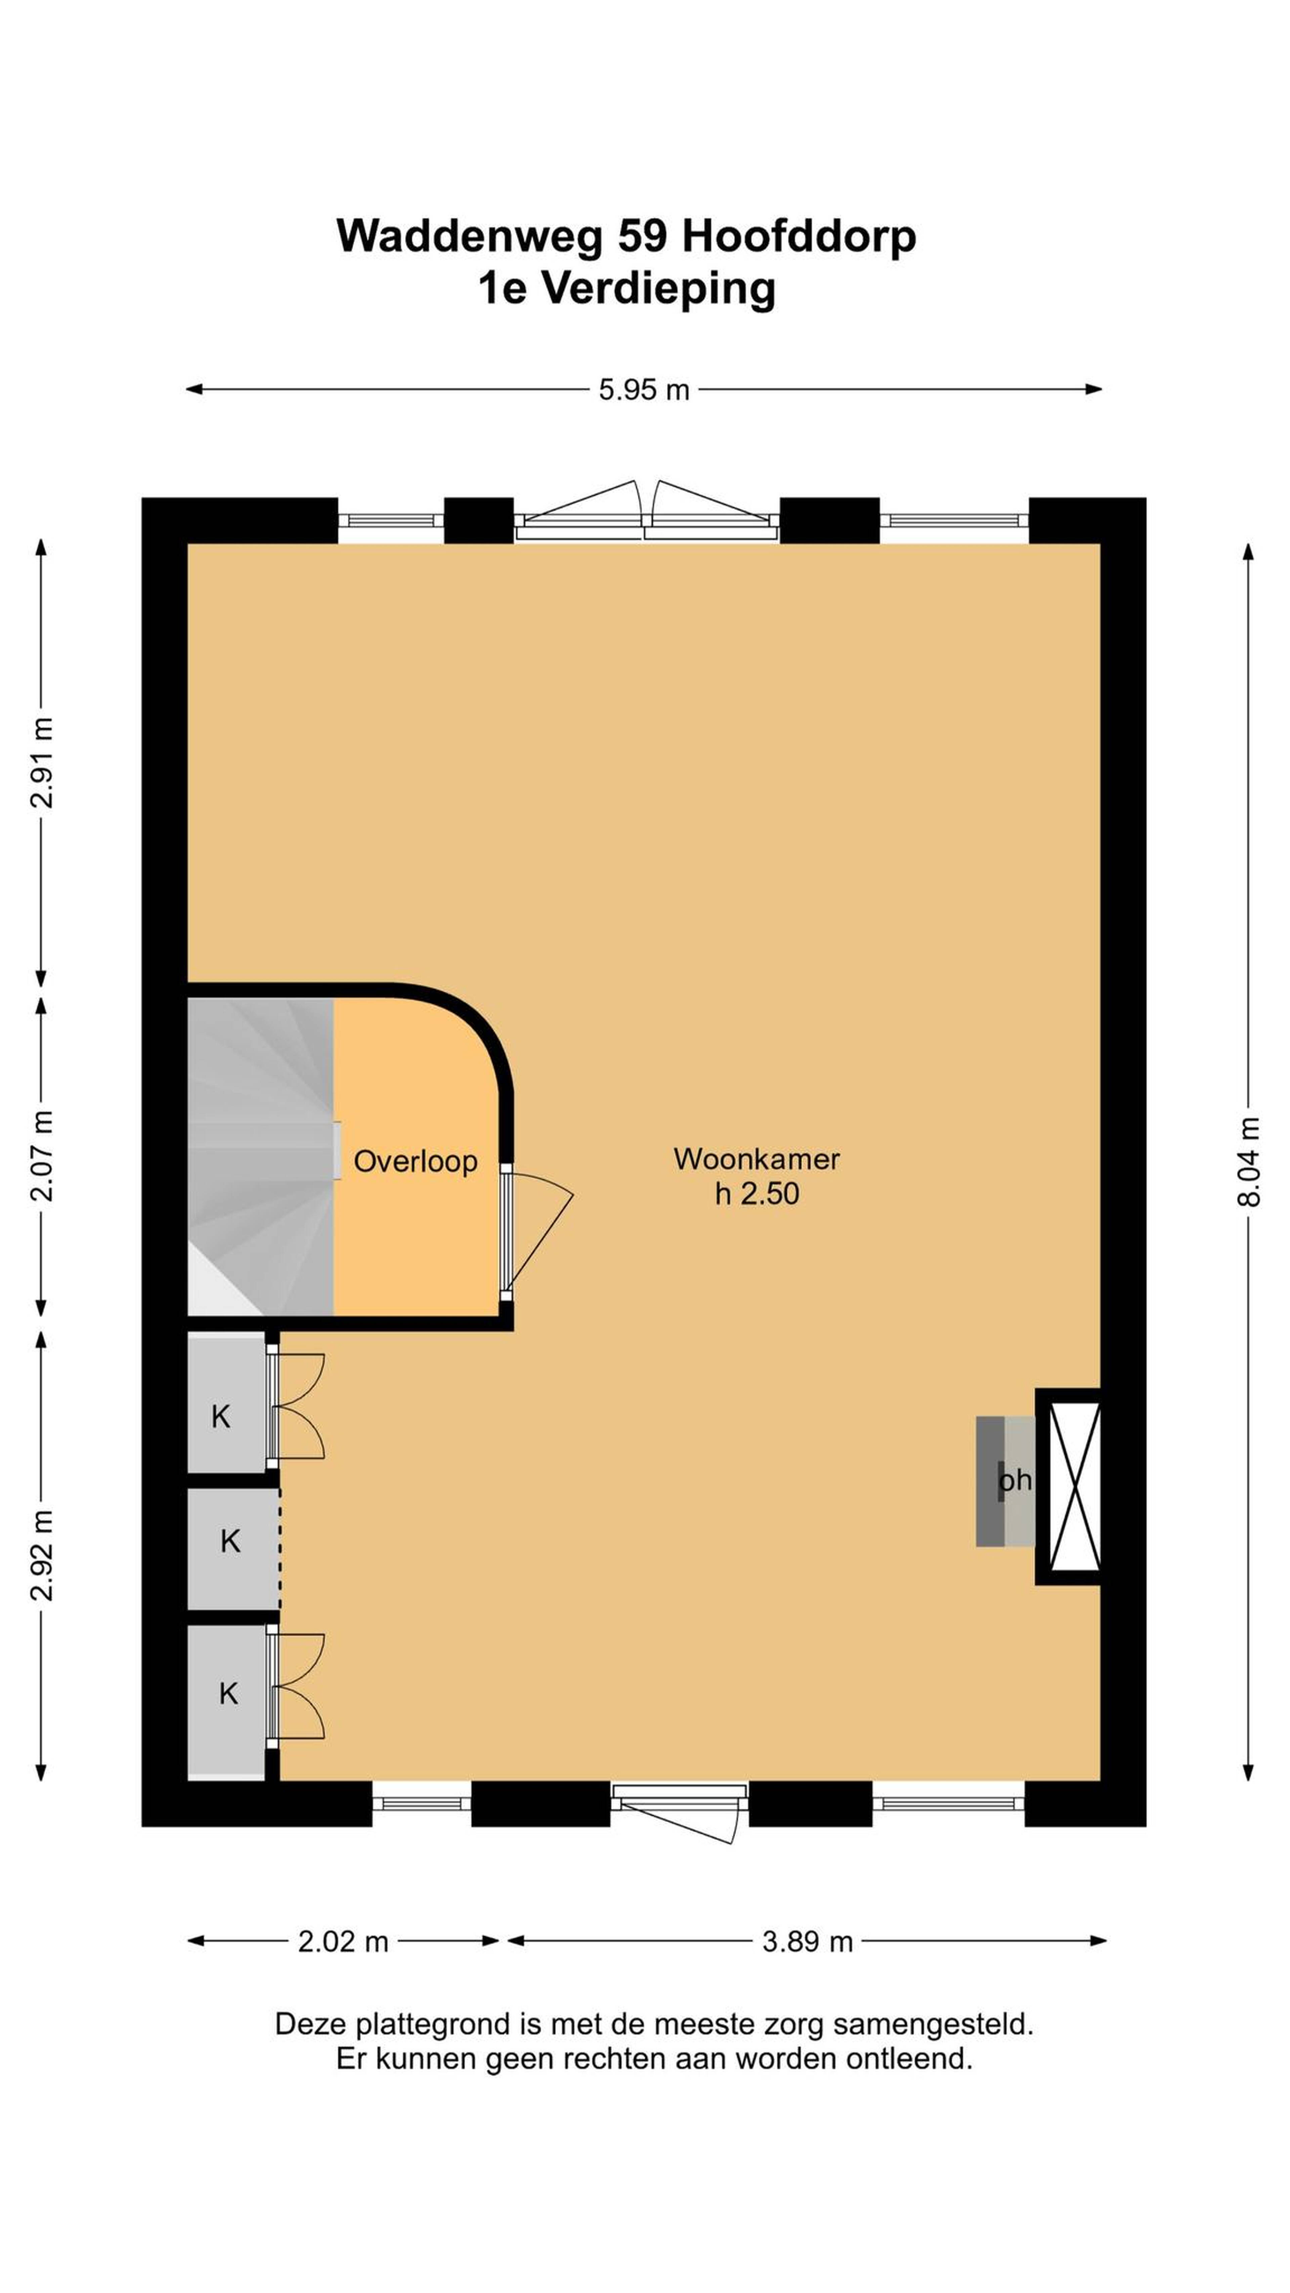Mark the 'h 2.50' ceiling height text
757,1194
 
